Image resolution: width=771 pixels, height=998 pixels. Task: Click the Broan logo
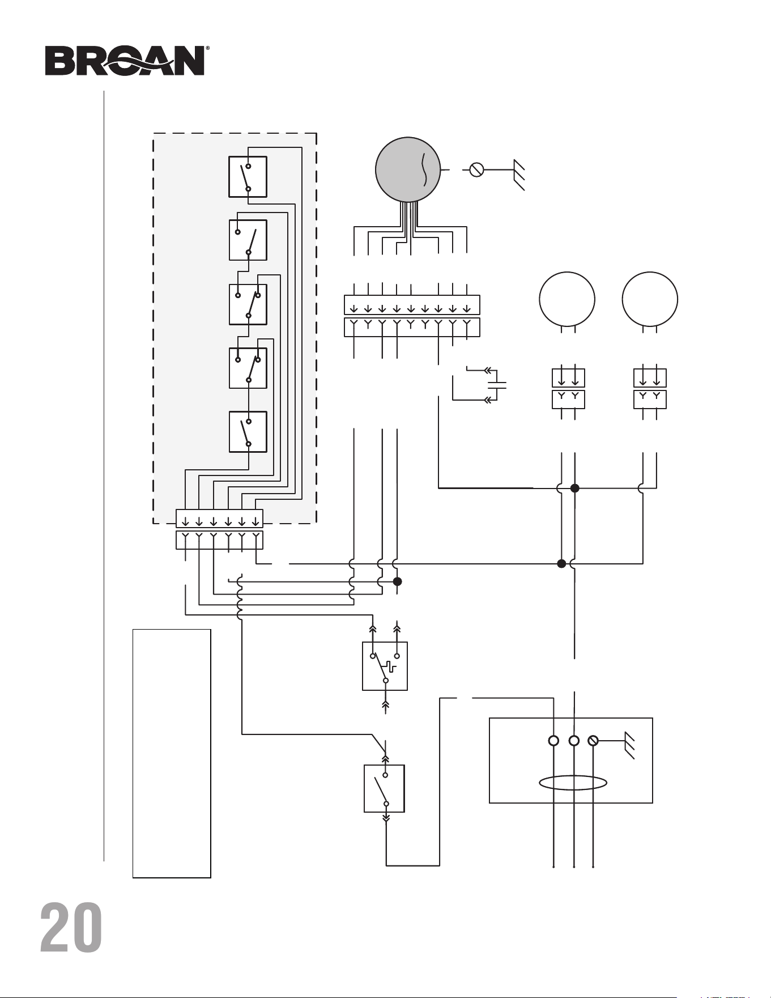click(125, 61)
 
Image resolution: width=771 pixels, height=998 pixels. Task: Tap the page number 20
click(71, 928)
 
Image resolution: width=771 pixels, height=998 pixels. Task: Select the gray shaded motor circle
click(408, 169)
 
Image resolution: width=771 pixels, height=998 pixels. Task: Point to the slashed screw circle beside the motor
click(477, 169)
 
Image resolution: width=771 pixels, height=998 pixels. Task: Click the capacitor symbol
click(497, 385)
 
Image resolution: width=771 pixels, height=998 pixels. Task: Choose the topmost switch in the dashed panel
click(248, 177)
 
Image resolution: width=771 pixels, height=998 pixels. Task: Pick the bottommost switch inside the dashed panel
click(248, 432)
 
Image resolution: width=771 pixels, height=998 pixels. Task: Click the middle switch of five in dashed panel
click(248, 304)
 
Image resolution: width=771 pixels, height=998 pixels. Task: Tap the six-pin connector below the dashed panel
click(219, 529)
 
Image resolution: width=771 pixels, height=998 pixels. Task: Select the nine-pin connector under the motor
click(412, 316)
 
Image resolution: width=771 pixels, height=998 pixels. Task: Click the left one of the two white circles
click(567, 300)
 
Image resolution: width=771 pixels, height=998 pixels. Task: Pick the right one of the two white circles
click(650, 300)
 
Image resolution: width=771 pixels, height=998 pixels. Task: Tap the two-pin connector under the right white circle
click(650, 388)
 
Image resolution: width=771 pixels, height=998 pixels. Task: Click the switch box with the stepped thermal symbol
click(385, 666)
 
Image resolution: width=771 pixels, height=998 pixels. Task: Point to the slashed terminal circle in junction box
click(593, 741)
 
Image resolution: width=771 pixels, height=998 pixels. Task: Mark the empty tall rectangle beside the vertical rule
click(172, 753)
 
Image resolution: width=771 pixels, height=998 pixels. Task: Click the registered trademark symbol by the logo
click(207, 49)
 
